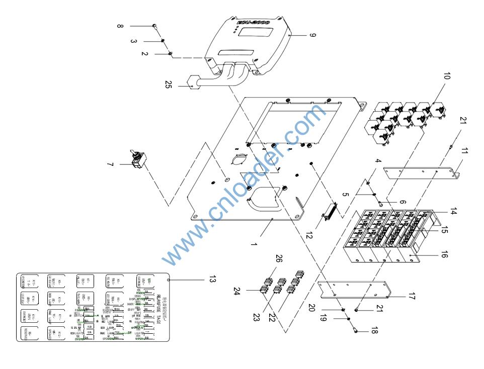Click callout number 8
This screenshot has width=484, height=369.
coord(120,26)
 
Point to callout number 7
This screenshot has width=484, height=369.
coord(110,164)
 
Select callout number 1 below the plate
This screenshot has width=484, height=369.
coord(254,245)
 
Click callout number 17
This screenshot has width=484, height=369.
coord(412,297)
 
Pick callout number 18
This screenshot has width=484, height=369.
coord(373,332)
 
